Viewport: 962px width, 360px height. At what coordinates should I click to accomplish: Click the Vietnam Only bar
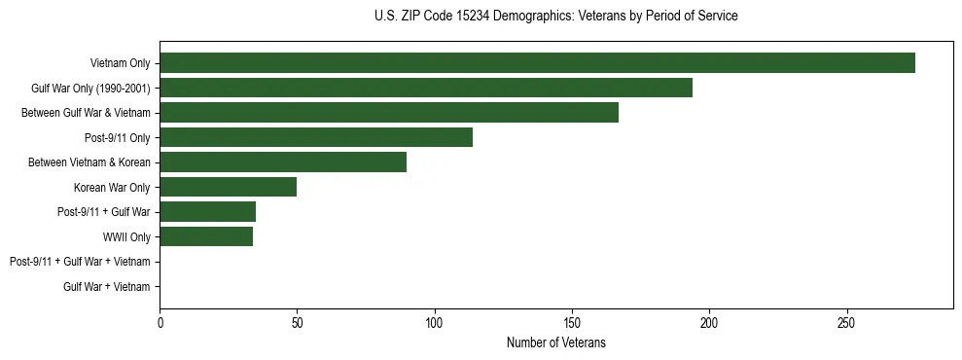tap(537, 63)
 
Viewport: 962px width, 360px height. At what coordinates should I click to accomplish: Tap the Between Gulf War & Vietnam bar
tap(389, 113)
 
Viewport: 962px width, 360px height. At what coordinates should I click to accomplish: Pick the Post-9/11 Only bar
tap(316, 137)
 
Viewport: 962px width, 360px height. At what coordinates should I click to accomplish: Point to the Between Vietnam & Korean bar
tap(283, 162)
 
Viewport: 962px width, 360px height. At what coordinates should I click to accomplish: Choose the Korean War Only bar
tap(228, 187)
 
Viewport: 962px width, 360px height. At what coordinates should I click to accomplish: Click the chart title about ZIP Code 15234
tap(555, 17)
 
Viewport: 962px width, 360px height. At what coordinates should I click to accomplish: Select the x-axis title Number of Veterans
tap(555, 342)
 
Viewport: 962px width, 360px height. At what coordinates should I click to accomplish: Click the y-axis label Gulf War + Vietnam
tap(107, 286)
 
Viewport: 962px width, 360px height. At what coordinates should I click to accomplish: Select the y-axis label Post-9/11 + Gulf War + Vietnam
tap(80, 262)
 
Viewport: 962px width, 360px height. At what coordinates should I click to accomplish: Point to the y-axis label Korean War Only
tap(112, 187)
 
